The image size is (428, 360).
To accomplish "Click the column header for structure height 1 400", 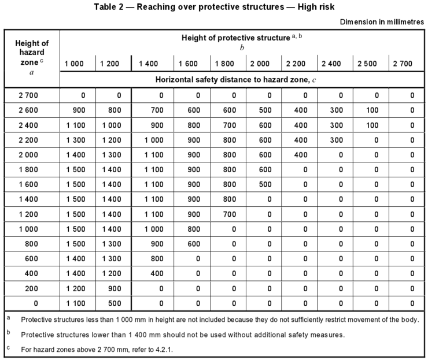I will [149, 63].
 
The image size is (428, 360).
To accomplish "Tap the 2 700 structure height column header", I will [403, 63].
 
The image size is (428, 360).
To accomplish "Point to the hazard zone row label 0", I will [31, 302].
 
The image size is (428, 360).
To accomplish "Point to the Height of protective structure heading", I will [235, 38].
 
